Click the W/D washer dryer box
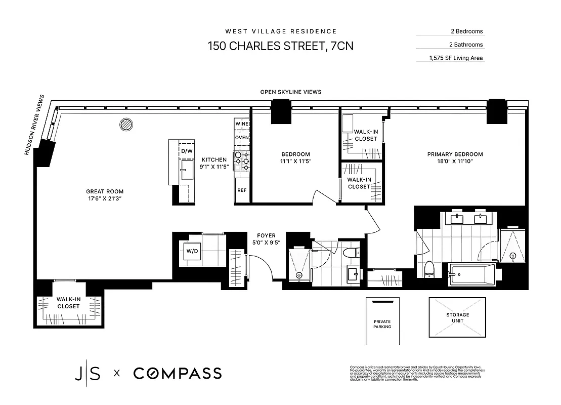pyautogui.click(x=191, y=251)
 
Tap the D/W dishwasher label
pyautogui.click(x=187, y=151)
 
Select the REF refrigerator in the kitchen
pyautogui.click(x=241, y=191)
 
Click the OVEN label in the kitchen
pyautogui.click(x=241, y=138)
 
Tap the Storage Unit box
pyautogui.click(x=457, y=317)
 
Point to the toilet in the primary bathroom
pyautogui.click(x=429, y=269)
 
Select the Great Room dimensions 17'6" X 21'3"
pyautogui.click(x=105, y=199)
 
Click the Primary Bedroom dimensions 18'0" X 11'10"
pyautogui.click(x=455, y=162)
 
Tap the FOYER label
pyautogui.click(x=266, y=235)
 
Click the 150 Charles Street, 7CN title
pyautogui.click(x=280, y=46)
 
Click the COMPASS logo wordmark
pyautogui.click(x=177, y=374)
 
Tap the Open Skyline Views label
pyautogui.click(x=290, y=92)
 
